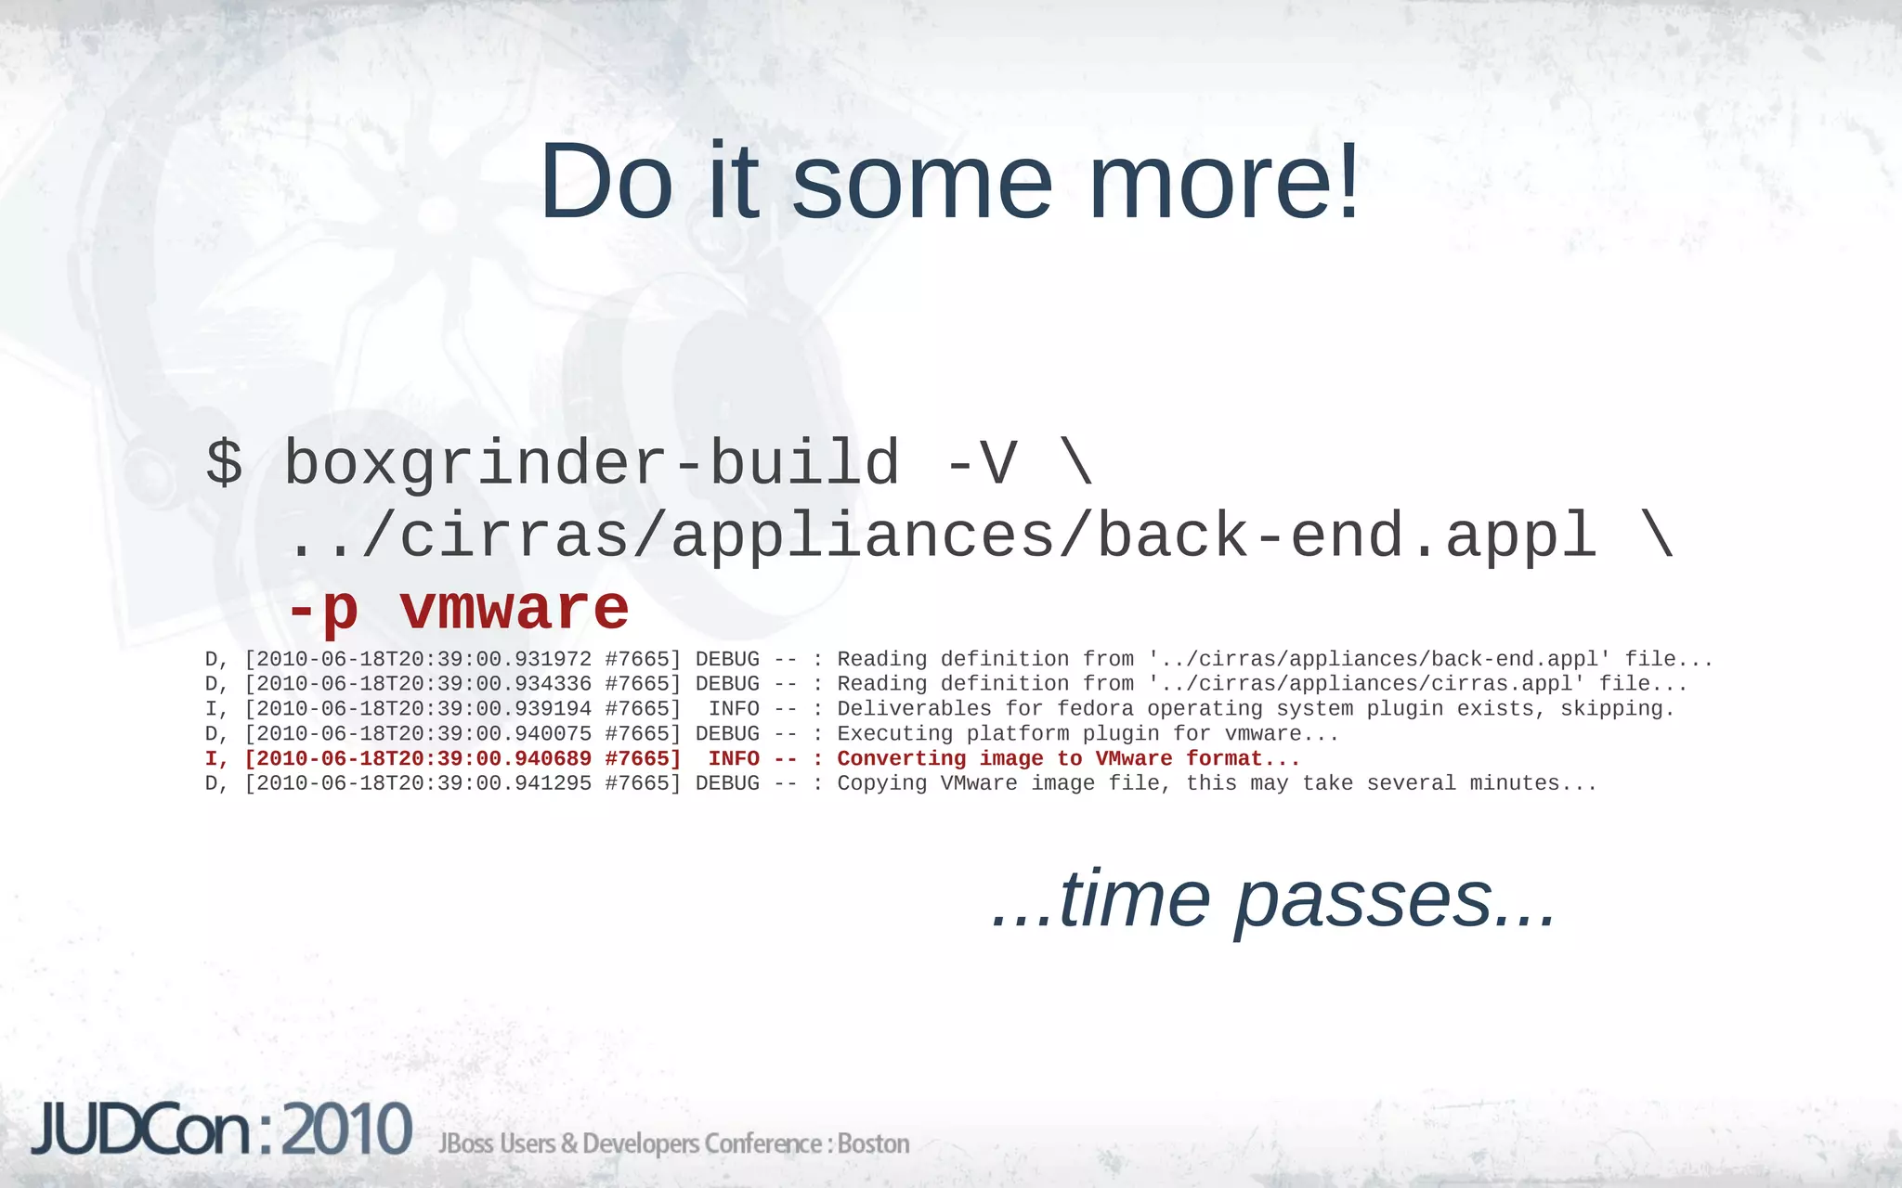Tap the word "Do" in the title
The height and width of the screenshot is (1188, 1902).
(x=606, y=182)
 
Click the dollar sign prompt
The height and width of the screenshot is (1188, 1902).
(x=224, y=462)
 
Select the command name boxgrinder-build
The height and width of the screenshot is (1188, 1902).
(x=592, y=462)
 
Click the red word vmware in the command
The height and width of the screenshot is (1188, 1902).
(x=515, y=610)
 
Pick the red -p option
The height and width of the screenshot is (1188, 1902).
(x=322, y=610)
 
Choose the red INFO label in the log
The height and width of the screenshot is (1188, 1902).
(x=734, y=758)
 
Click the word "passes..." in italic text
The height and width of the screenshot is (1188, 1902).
(x=1395, y=898)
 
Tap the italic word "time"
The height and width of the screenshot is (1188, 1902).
(x=1134, y=898)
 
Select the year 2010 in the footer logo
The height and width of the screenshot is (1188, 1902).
(x=346, y=1130)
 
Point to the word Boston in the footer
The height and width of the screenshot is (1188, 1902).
(x=873, y=1143)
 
